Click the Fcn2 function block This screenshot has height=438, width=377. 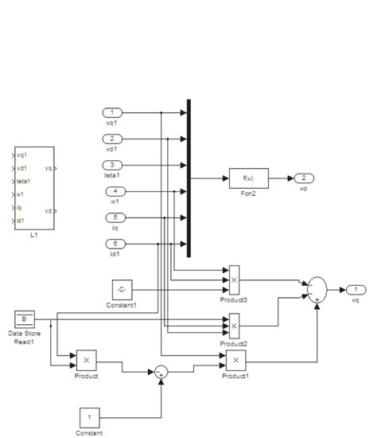click(249, 178)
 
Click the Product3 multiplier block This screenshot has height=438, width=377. click(234, 280)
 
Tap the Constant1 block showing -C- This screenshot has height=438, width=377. click(122, 289)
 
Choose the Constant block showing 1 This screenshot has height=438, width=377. click(90, 416)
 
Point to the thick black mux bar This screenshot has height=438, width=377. click(189, 178)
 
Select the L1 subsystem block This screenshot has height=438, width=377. click(34, 188)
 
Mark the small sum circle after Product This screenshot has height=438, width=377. click(161, 370)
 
